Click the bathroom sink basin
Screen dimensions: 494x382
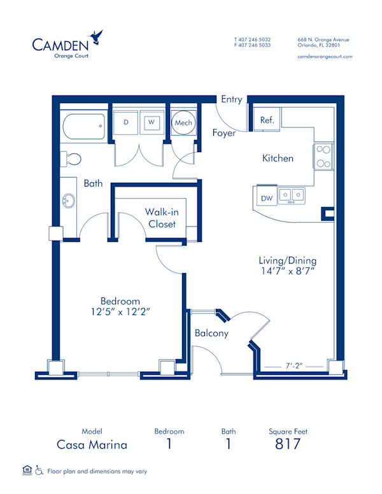coord(69,202)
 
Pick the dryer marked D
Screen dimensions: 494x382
coord(127,122)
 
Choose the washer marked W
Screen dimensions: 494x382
coord(152,122)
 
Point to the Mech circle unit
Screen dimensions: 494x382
coord(183,122)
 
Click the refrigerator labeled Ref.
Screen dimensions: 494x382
coord(267,120)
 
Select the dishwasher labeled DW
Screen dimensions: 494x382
coord(267,199)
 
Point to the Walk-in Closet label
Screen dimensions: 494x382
coord(162,218)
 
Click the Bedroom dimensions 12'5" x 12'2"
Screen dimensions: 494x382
coord(120,311)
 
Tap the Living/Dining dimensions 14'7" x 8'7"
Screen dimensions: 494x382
coord(287,271)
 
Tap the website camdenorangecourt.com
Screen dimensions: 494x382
coord(325,57)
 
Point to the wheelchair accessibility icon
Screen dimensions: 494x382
coord(39,471)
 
